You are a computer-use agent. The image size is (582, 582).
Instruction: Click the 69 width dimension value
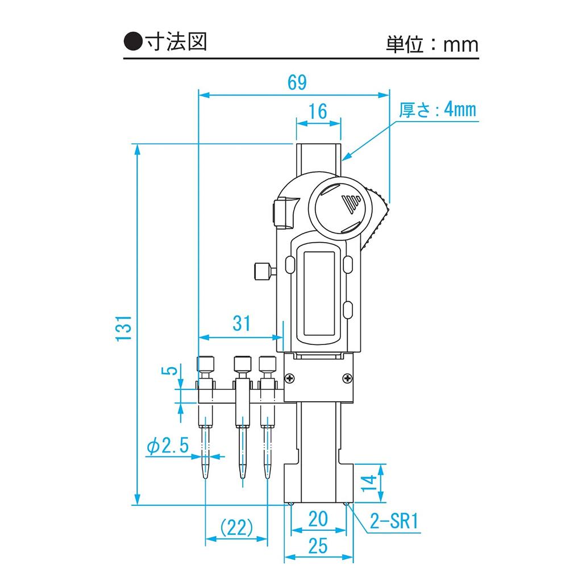pyautogui.click(x=297, y=83)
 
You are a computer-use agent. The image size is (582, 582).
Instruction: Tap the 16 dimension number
pyautogui.click(x=318, y=112)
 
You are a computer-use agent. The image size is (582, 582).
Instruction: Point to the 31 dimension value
pyautogui.click(x=242, y=323)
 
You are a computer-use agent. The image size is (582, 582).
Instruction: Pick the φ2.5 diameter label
pyautogui.click(x=167, y=447)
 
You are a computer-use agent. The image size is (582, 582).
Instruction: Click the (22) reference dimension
pyautogui.click(x=236, y=528)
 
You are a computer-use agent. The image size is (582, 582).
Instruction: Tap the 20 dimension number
pyautogui.click(x=318, y=518)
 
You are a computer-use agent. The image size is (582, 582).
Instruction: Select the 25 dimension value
pyautogui.click(x=318, y=546)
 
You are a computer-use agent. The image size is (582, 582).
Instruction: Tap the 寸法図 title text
pyautogui.click(x=175, y=42)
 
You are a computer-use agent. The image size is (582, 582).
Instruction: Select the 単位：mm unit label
pyautogui.click(x=432, y=44)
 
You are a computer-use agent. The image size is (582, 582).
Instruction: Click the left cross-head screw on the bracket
pyautogui.click(x=291, y=377)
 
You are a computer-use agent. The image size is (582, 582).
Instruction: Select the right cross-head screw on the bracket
pyautogui.click(x=347, y=377)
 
